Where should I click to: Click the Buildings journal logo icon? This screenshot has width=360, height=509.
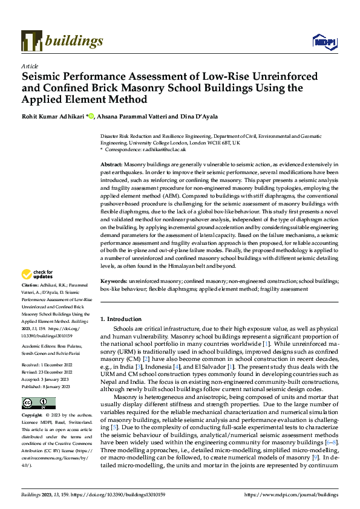click(31, 41)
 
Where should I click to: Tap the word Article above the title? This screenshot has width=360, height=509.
click(30, 65)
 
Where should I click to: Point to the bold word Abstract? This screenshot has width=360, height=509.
click(111, 164)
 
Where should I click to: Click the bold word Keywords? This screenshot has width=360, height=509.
click(113, 281)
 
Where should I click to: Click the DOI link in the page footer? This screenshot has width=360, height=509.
click(114, 494)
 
